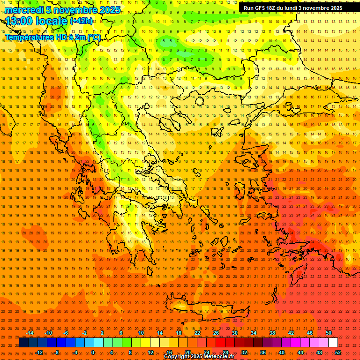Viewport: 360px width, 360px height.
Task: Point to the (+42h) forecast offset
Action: pyautogui.click(x=81, y=21)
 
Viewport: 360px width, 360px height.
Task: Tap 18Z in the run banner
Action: pyautogui.click(x=274, y=8)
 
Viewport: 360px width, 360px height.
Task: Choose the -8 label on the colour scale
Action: pyautogui.click(x=56, y=352)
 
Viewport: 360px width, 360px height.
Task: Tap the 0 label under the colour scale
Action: pyautogui.click(x=93, y=352)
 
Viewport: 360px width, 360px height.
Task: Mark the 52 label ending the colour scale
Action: pyautogui.click(x=338, y=352)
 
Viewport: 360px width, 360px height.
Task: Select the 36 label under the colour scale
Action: pyautogui.click(x=263, y=352)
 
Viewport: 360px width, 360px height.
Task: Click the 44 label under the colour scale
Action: pyautogui.click(x=300, y=352)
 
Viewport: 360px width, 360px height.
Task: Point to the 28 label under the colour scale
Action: pyautogui.click(x=225, y=352)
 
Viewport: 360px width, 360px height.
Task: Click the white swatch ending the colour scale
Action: pyautogui.click(x=333, y=343)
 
